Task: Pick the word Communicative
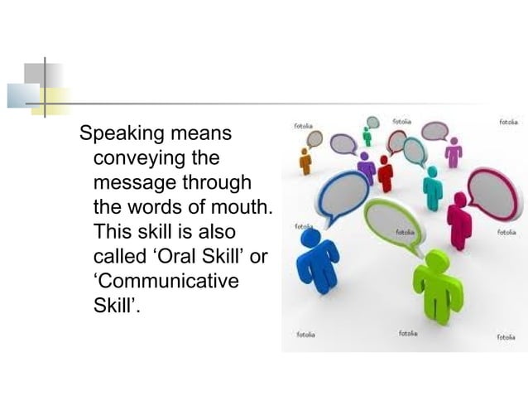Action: click(166, 281)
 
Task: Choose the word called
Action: click(120, 256)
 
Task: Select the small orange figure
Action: click(305, 162)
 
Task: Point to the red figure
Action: click(385, 173)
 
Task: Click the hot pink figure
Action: click(458, 220)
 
